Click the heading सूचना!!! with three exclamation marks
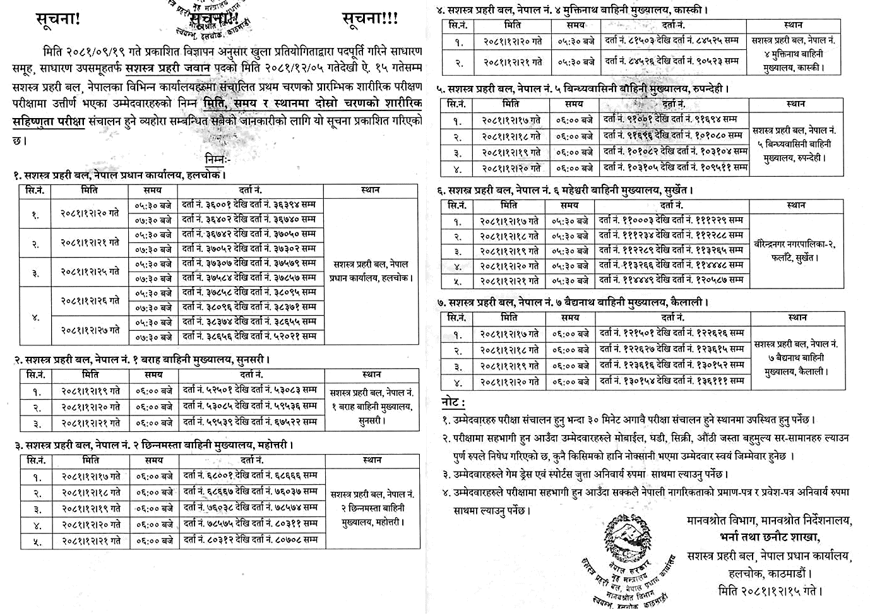point(370,19)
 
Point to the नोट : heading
point(453,402)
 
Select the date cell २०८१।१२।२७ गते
point(90,330)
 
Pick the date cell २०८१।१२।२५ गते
point(90,272)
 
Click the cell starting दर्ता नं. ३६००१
point(248,205)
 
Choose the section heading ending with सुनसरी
point(143,360)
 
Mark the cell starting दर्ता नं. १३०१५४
point(672,381)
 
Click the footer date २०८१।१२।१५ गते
point(770,591)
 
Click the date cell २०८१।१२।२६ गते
point(90,301)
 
